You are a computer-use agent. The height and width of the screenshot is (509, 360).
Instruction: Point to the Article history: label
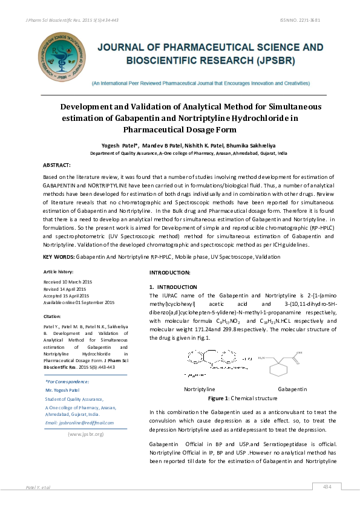(x=60, y=273)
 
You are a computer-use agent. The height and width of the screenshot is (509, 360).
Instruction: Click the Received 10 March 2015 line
(x=68, y=282)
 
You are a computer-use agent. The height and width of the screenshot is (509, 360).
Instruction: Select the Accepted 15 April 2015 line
(x=67, y=296)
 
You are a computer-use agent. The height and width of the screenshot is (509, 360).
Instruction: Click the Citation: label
(x=53, y=316)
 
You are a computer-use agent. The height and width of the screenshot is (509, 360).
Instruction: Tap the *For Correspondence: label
(x=67, y=381)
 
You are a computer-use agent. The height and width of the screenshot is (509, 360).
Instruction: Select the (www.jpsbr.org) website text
(x=85, y=434)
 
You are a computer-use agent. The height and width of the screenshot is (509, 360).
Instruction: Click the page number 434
(x=327, y=487)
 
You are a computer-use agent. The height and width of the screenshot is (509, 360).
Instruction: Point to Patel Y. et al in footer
(x=38, y=487)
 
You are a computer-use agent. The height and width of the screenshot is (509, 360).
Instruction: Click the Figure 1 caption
(x=226, y=400)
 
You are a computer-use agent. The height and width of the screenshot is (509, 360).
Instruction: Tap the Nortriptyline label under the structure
(x=199, y=390)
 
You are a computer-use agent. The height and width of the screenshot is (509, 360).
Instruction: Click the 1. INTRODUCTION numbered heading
(x=173, y=287)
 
